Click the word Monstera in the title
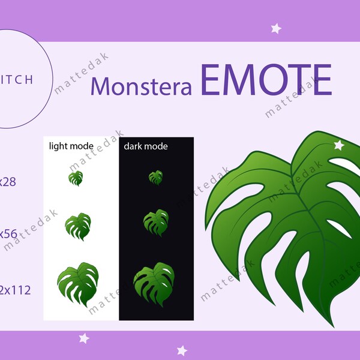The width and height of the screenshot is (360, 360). click(141, 86)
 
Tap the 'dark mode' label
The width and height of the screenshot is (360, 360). click(146, 146)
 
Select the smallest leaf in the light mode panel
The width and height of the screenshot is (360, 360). click(76, 178)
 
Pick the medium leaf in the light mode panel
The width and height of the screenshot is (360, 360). click(77, 226)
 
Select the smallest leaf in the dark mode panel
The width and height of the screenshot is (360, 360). click(155, 177)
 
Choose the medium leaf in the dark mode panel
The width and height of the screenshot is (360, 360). click(156, 222)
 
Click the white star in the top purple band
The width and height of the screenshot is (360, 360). click(276, 28)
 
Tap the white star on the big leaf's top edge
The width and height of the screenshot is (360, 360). click(338, 145)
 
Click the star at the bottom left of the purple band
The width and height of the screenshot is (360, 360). click(84, 338)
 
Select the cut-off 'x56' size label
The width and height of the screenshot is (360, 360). click(8, 234)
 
